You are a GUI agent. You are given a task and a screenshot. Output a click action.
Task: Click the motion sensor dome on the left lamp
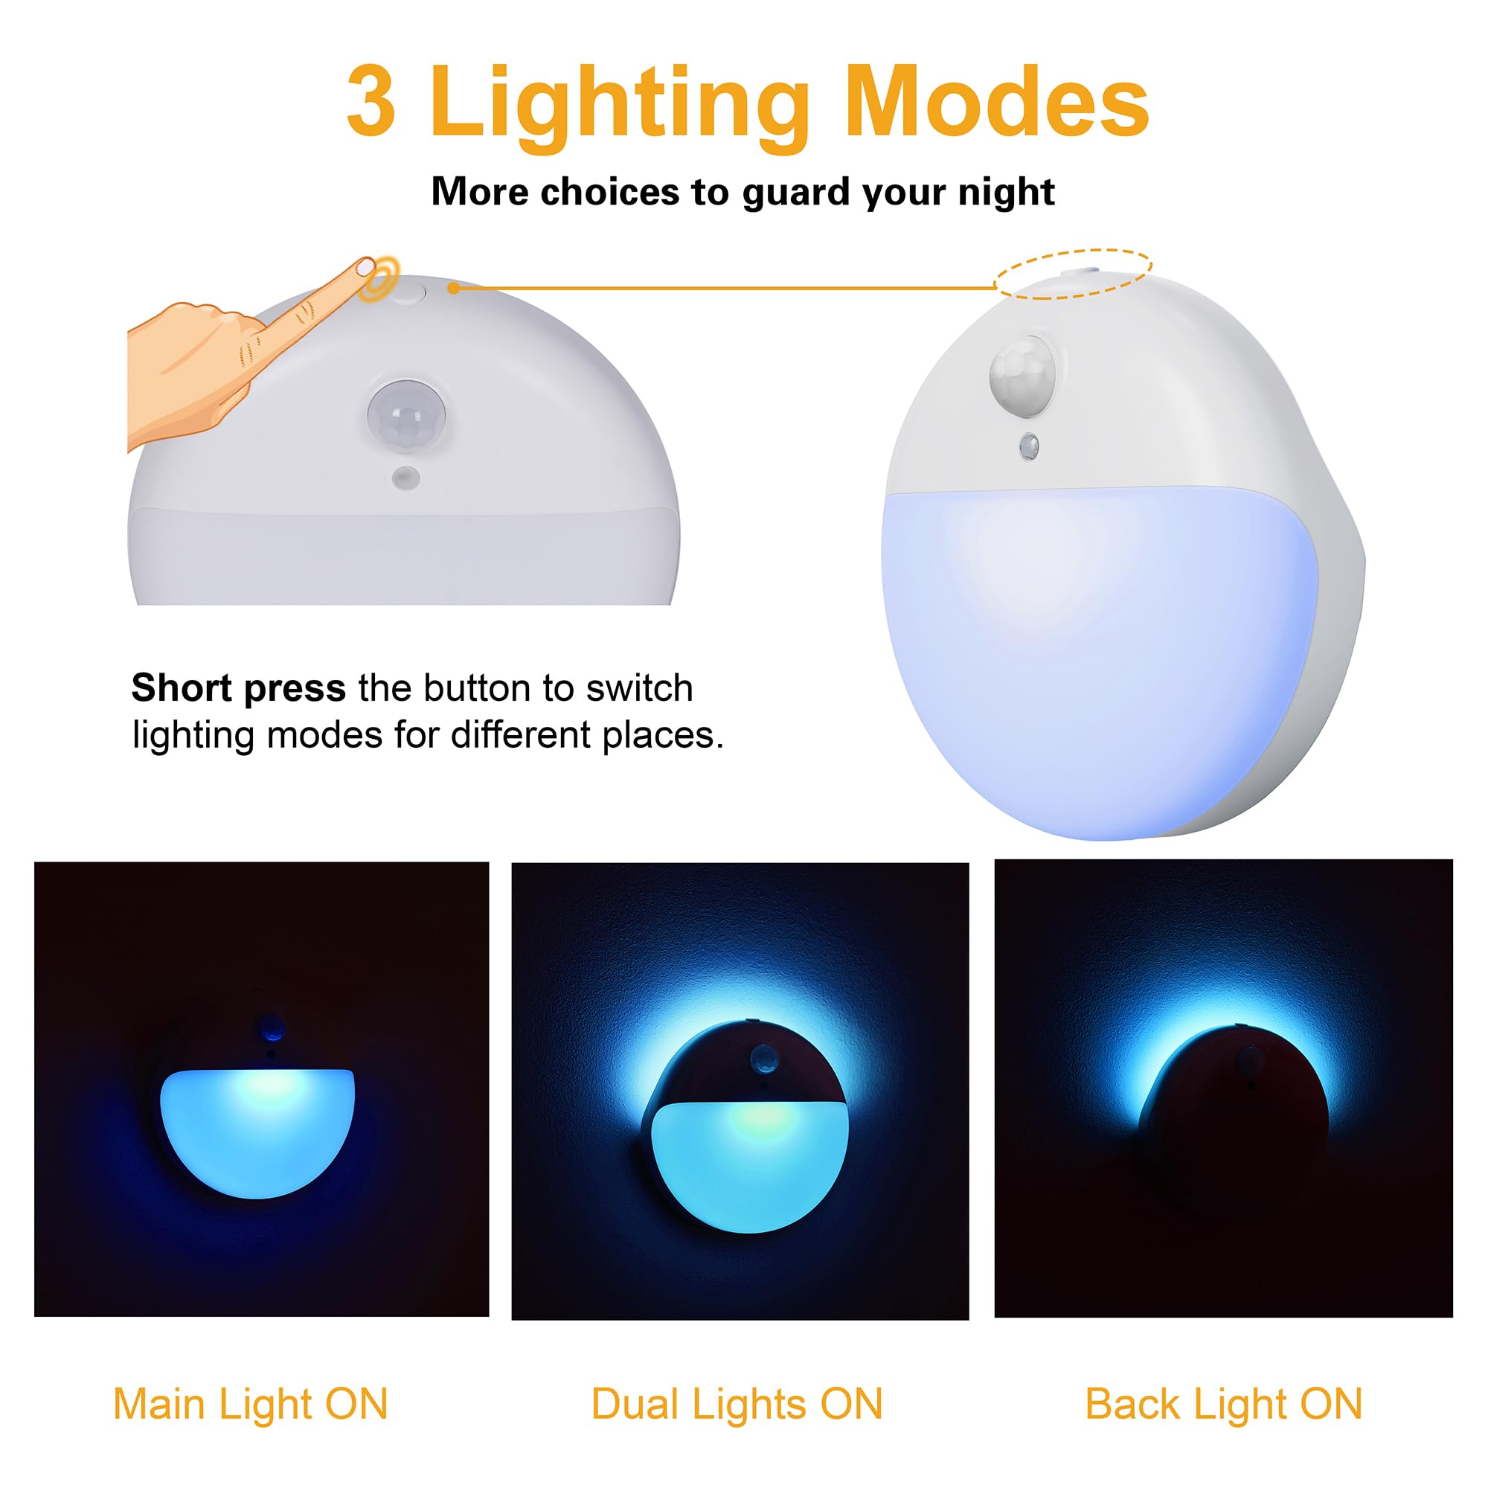tap(406, 417)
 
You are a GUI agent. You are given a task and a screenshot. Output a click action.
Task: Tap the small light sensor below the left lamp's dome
tap(406, 478)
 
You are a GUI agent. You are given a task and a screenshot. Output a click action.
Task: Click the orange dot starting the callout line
tap(454, 288)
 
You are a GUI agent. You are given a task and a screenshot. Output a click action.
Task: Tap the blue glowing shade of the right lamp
tap(1094, 655)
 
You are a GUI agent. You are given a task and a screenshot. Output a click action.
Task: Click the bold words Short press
tap(238, 687)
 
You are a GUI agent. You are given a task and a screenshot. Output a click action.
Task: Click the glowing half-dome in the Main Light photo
tap(257, 1129)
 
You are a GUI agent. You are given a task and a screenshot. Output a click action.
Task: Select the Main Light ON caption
tap(250, 1403)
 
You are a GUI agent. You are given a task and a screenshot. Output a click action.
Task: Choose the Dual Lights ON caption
tap(737, 1403)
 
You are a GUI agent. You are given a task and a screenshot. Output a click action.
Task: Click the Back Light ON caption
tap(1223, 1403)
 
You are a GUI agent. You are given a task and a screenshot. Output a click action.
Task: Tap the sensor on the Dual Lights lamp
tap(763, 1058)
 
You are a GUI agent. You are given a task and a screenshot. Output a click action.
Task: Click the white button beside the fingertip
tap(411, 292)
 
